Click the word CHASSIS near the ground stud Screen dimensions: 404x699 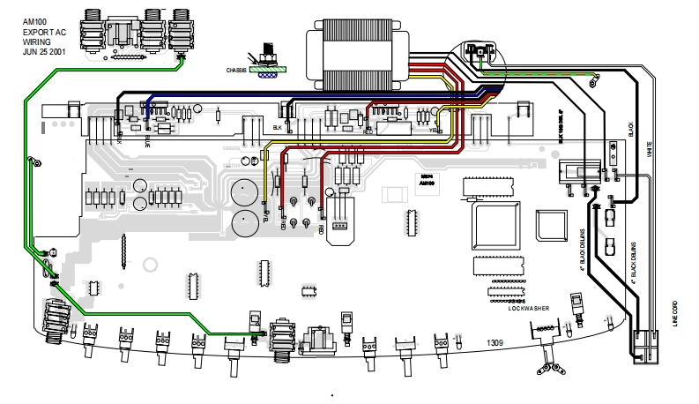click(x=235, y=68)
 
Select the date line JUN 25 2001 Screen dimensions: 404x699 click(x=44, y=51)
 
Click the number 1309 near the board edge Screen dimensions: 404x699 click(x=497, y=340)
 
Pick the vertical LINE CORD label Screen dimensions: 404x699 click(x=675, y=313)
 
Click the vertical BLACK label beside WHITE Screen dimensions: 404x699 click(x=630, y=131)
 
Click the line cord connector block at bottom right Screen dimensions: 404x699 click(x=645, y=344)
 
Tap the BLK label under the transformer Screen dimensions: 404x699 click(x=277, y=127)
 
